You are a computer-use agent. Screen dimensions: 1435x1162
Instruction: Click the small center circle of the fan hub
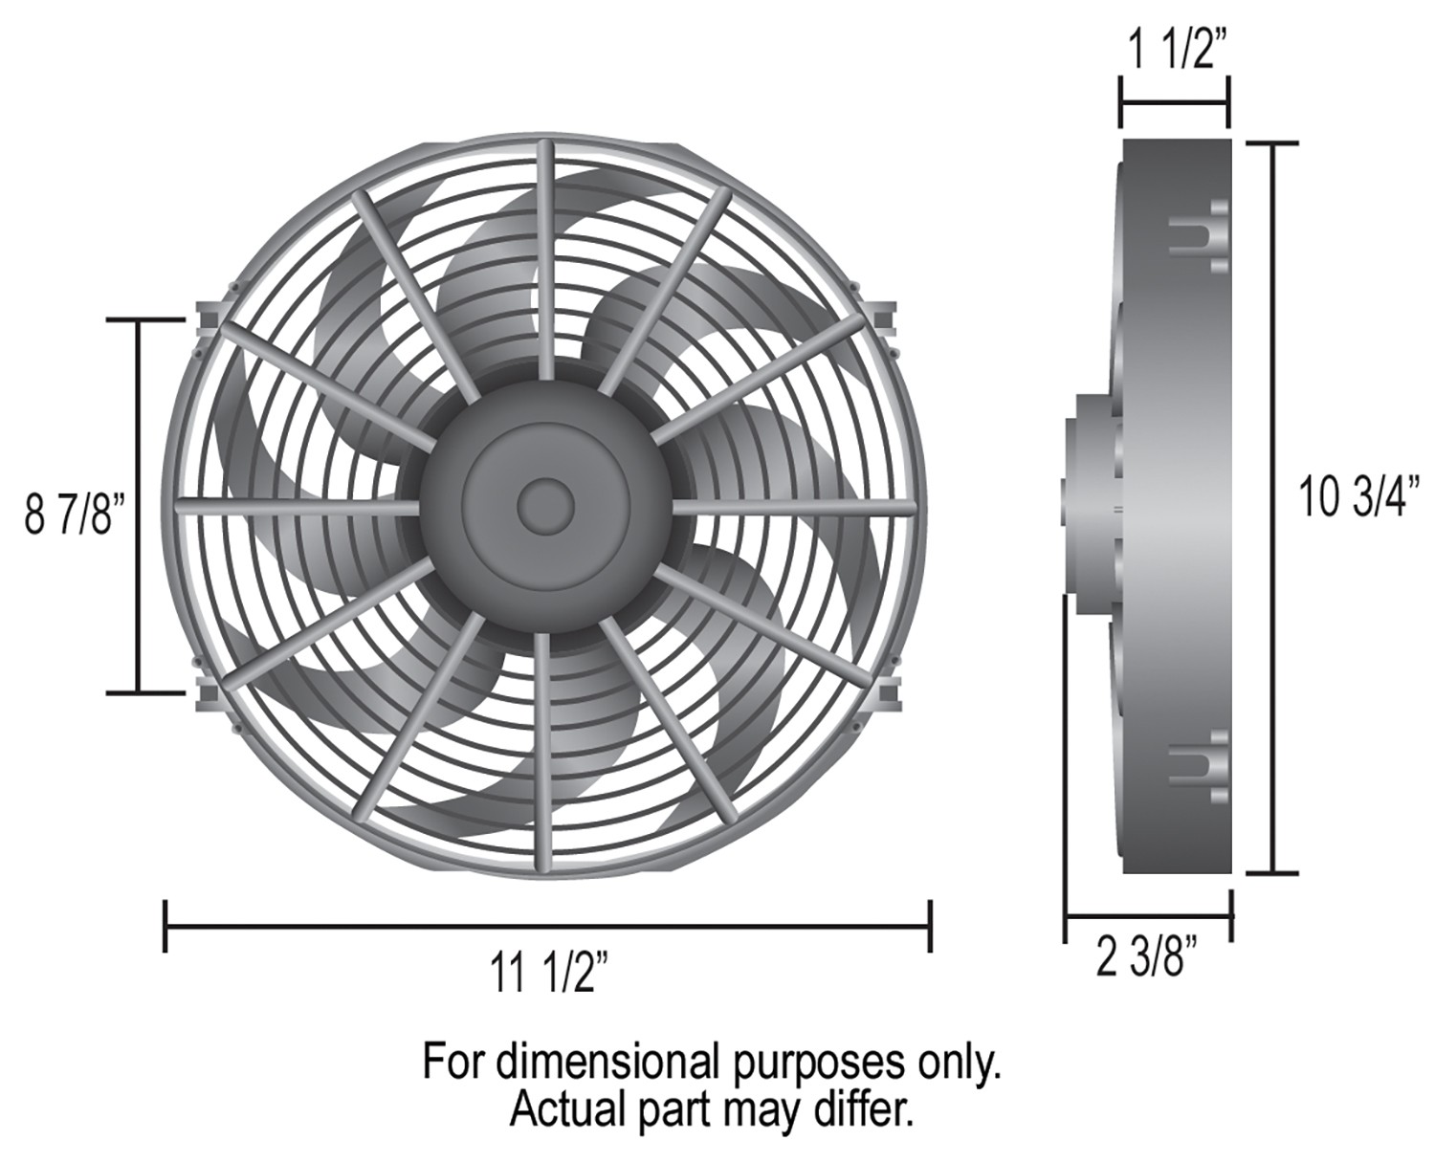[x=545, y=506]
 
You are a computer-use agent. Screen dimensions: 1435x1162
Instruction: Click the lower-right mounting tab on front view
[x=885, y=693]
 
